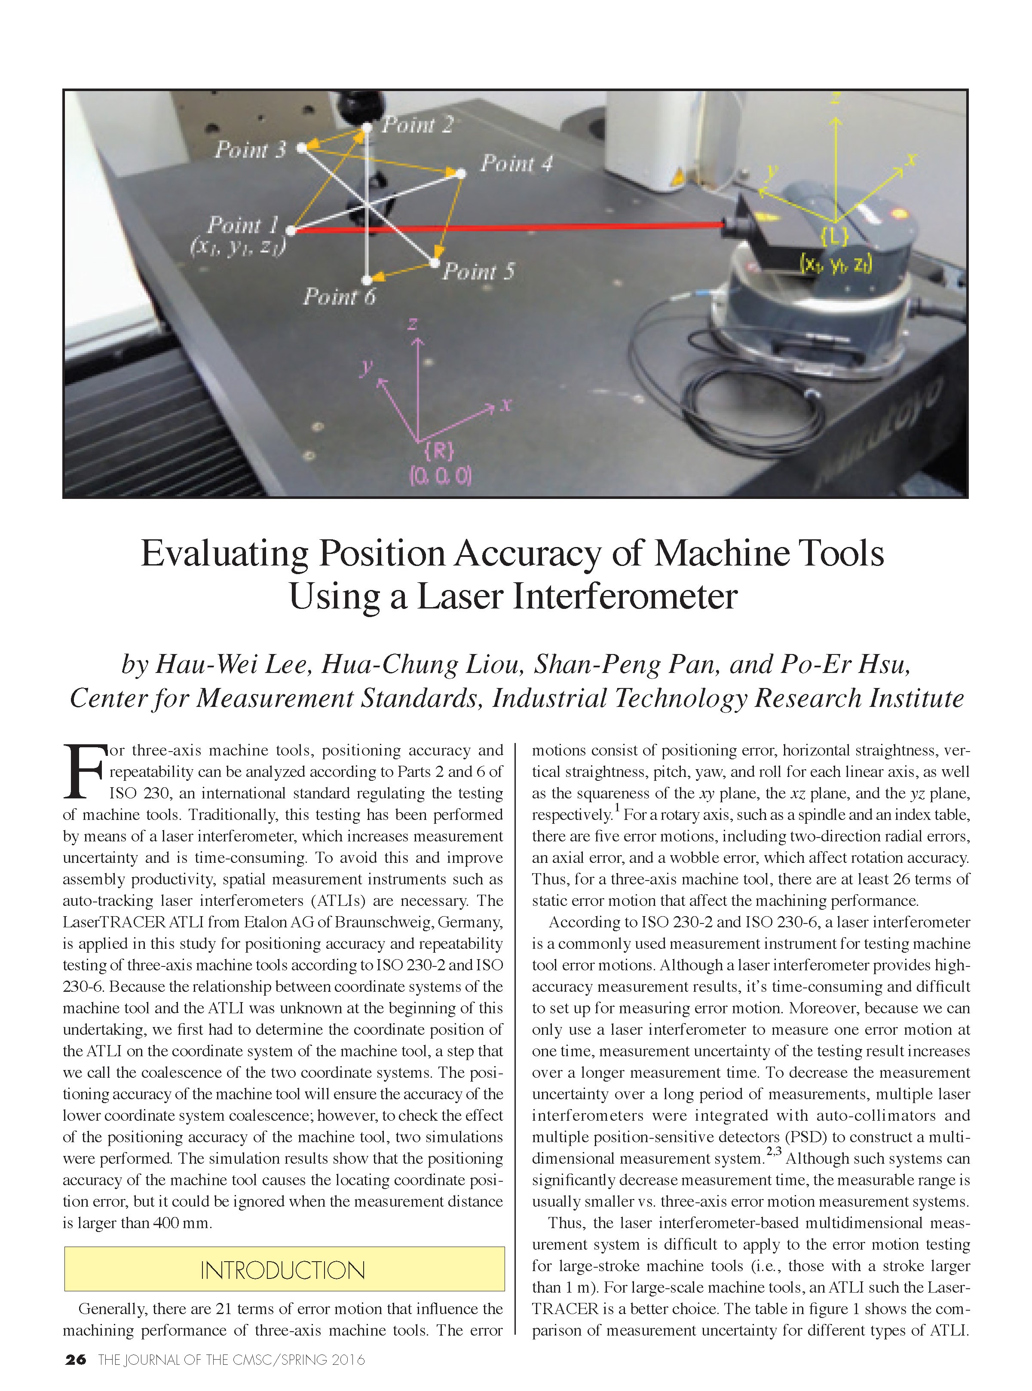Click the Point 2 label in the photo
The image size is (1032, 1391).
pos(417,125)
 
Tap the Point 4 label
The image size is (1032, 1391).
pos(516,164)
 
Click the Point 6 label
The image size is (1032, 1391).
pos(339,297)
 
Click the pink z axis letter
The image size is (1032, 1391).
pos(412,324)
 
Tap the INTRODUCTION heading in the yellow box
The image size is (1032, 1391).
pos(283,1270)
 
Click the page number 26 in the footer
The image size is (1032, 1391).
pos(76,1359)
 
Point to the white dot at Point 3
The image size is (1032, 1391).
pos(302,148)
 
